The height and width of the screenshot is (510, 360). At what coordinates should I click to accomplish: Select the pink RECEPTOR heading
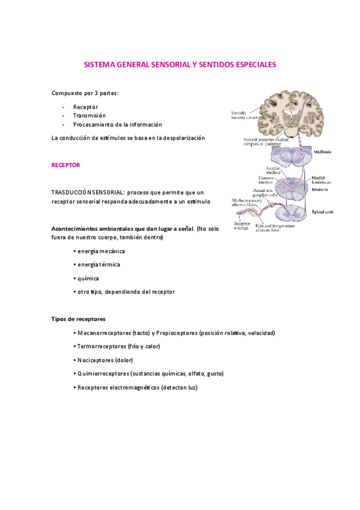(66, 164)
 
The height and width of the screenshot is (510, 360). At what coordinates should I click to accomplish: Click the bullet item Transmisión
(89, 115)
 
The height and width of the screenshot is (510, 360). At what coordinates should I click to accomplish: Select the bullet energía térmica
(96, 264)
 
